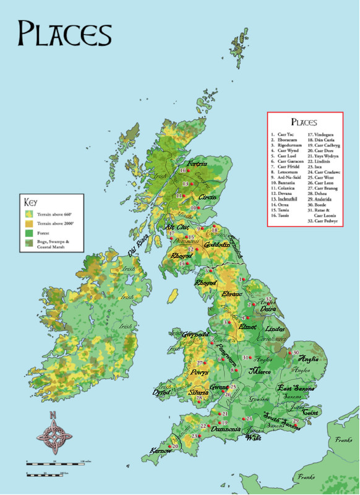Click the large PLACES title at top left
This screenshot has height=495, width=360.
click(x=64, y=32)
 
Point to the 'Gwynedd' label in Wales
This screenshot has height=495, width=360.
click(x=195, y=334)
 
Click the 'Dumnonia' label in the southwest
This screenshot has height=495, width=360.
click(x=225, y=428)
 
